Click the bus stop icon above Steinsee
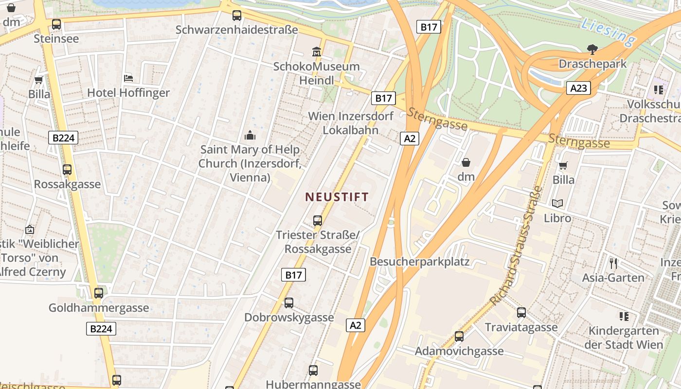coord(56,24)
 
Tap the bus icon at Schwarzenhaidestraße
coord(237,16)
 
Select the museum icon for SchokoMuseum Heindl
coord(317,51)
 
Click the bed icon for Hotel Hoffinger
coord(128,78)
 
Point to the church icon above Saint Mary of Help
coord(250,135)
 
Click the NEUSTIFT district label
coord(337,197)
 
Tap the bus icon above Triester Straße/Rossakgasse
coord(318,221)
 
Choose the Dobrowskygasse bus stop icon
coord(289,303)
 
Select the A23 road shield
coord(578,88)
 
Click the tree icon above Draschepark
coord(592,49)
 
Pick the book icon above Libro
coord(557,203)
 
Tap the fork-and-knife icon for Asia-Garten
coord(613,264)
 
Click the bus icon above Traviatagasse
coord(521,313)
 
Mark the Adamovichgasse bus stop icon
coord(459,336)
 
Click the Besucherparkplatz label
coord(419,262)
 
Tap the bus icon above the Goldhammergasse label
coord(99,293)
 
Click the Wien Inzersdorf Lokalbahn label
coord(351,123)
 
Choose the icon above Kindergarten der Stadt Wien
coord(624,317)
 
